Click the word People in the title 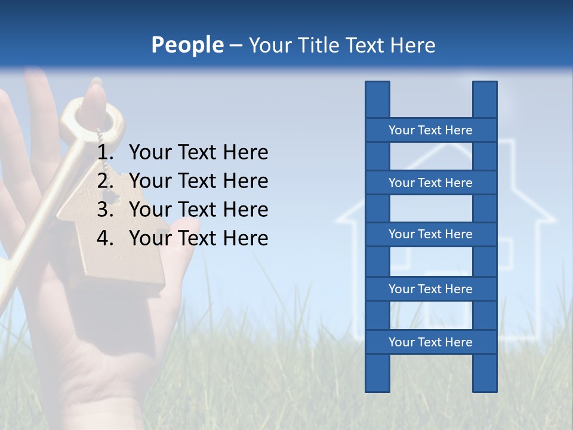(x=187, y=45)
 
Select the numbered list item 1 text (x=198, y=152)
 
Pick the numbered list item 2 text (x=198, y=181)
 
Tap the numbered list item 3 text (x=198, y=210)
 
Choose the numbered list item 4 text (x=198, y=238)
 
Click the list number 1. (x=104, y=152)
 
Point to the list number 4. (x=104, y=238)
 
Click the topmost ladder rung (x=430, y=130)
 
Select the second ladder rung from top (x=430, y=183)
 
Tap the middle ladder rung (x=430, y=234)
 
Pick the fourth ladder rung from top (x=430, y=289)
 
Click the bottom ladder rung (x=430, y=342)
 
